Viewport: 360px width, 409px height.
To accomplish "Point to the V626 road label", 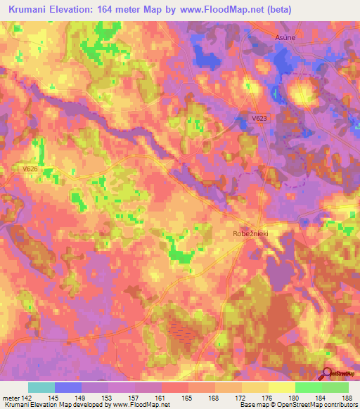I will [30, 169].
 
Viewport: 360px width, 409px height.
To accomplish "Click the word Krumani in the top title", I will [32, 10].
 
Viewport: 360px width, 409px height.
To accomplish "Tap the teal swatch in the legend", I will [41, 387].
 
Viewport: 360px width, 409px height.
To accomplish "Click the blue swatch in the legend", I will [68, 387].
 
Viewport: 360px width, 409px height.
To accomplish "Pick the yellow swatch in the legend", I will [281, 387].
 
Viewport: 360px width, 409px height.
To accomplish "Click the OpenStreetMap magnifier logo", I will [327, 373].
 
